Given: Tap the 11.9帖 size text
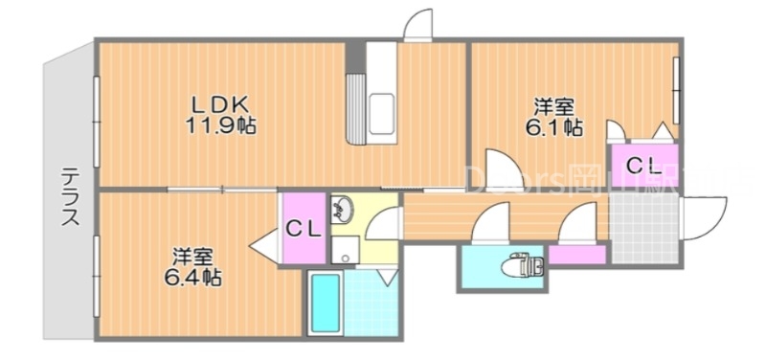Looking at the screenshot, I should [219, 124].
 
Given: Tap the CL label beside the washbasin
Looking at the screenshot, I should [303, 229].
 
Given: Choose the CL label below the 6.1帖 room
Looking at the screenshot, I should [643, 165].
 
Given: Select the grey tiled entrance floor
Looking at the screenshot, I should [645, 230].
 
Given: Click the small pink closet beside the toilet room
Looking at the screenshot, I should [577, 255].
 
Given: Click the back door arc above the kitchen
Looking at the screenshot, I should [417, 26].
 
